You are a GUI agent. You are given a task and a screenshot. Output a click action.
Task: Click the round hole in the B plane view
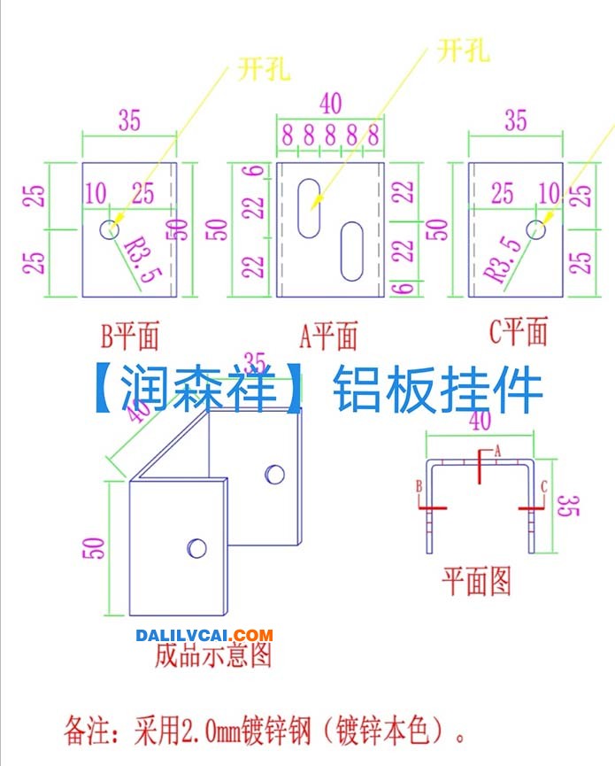pos(109,228)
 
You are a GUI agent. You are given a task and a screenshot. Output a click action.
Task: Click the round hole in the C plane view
pos(536,229)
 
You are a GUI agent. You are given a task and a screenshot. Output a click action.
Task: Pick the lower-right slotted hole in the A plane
pos(352,251)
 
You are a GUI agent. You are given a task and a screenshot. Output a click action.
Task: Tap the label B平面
pos(130,337)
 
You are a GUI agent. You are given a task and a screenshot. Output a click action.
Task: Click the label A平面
pos(328,336)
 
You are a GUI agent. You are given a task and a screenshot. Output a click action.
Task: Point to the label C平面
pos(519,331)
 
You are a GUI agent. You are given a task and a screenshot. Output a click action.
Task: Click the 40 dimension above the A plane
pos(330,104)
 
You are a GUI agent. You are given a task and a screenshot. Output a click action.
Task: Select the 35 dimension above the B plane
pos(129,120)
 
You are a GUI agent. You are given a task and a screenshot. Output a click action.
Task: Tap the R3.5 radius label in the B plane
pos(142,259)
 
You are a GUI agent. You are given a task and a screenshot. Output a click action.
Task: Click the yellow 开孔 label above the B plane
pos(264,69)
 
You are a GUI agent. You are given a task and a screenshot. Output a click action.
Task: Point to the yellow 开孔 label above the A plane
pos(463,50)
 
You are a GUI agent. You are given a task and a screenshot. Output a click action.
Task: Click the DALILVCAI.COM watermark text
pos(204,635)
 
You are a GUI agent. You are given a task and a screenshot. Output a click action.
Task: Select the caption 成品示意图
pos(212,655)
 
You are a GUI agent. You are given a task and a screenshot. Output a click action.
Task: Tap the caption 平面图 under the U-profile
pos(476,581)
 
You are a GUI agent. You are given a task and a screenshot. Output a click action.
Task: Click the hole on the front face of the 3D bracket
pos(196,548)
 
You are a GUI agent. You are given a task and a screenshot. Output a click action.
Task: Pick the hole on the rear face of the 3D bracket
pos(275,475)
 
